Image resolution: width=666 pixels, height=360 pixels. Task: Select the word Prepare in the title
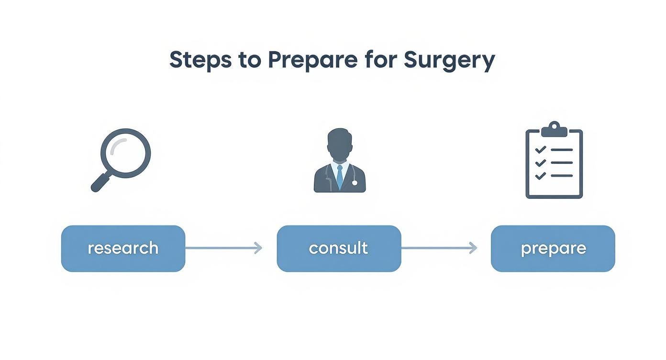[312, 60]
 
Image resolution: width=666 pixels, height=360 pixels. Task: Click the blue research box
[123, 248]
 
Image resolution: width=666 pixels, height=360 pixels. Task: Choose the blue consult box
[339, 248]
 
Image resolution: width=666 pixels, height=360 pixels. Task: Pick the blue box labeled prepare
[553, 248]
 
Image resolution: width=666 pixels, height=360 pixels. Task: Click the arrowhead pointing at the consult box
[258, 248]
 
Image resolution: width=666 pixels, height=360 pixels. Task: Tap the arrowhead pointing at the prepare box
[473, 248]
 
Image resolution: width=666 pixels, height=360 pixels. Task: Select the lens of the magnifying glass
[126, 152]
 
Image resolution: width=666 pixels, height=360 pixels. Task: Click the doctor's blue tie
[339, 177]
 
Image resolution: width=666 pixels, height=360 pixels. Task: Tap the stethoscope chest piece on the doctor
[354, 182]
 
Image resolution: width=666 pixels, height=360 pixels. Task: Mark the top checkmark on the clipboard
[540, 150]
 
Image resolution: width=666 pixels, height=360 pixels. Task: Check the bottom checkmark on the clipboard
[540, 176]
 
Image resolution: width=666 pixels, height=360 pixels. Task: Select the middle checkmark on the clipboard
[540, 163]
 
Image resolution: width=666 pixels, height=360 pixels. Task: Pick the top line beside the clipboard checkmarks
[562, 150]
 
